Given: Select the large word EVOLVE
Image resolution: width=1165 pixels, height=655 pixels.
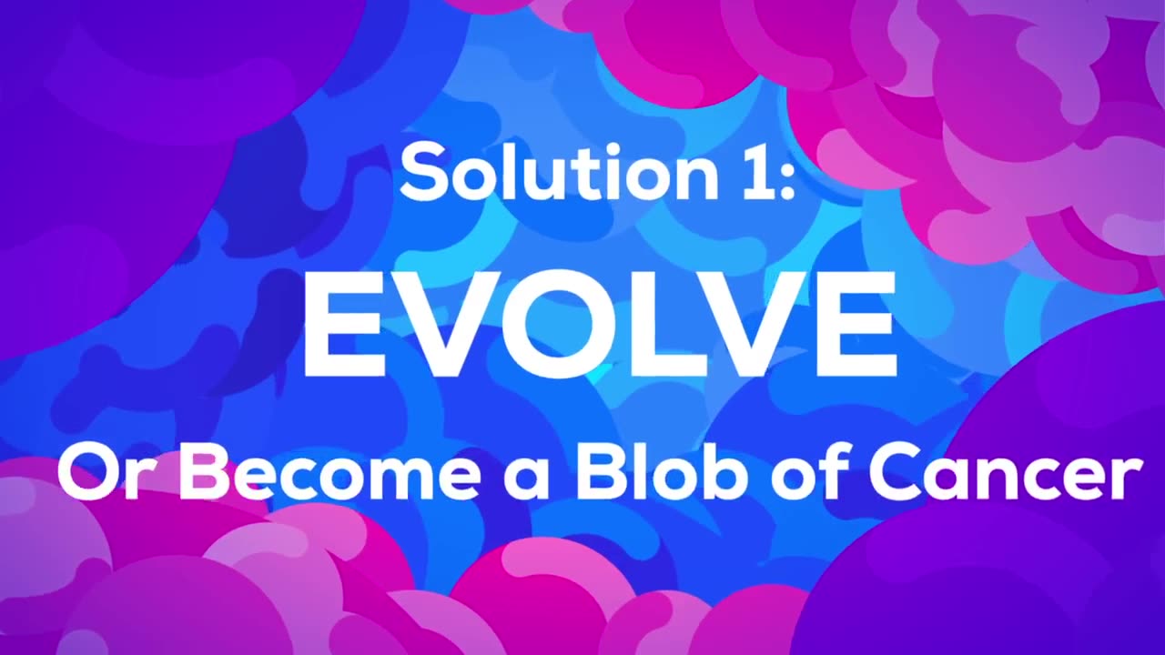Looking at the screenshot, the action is pyautogui.click(x=601, y=324).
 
